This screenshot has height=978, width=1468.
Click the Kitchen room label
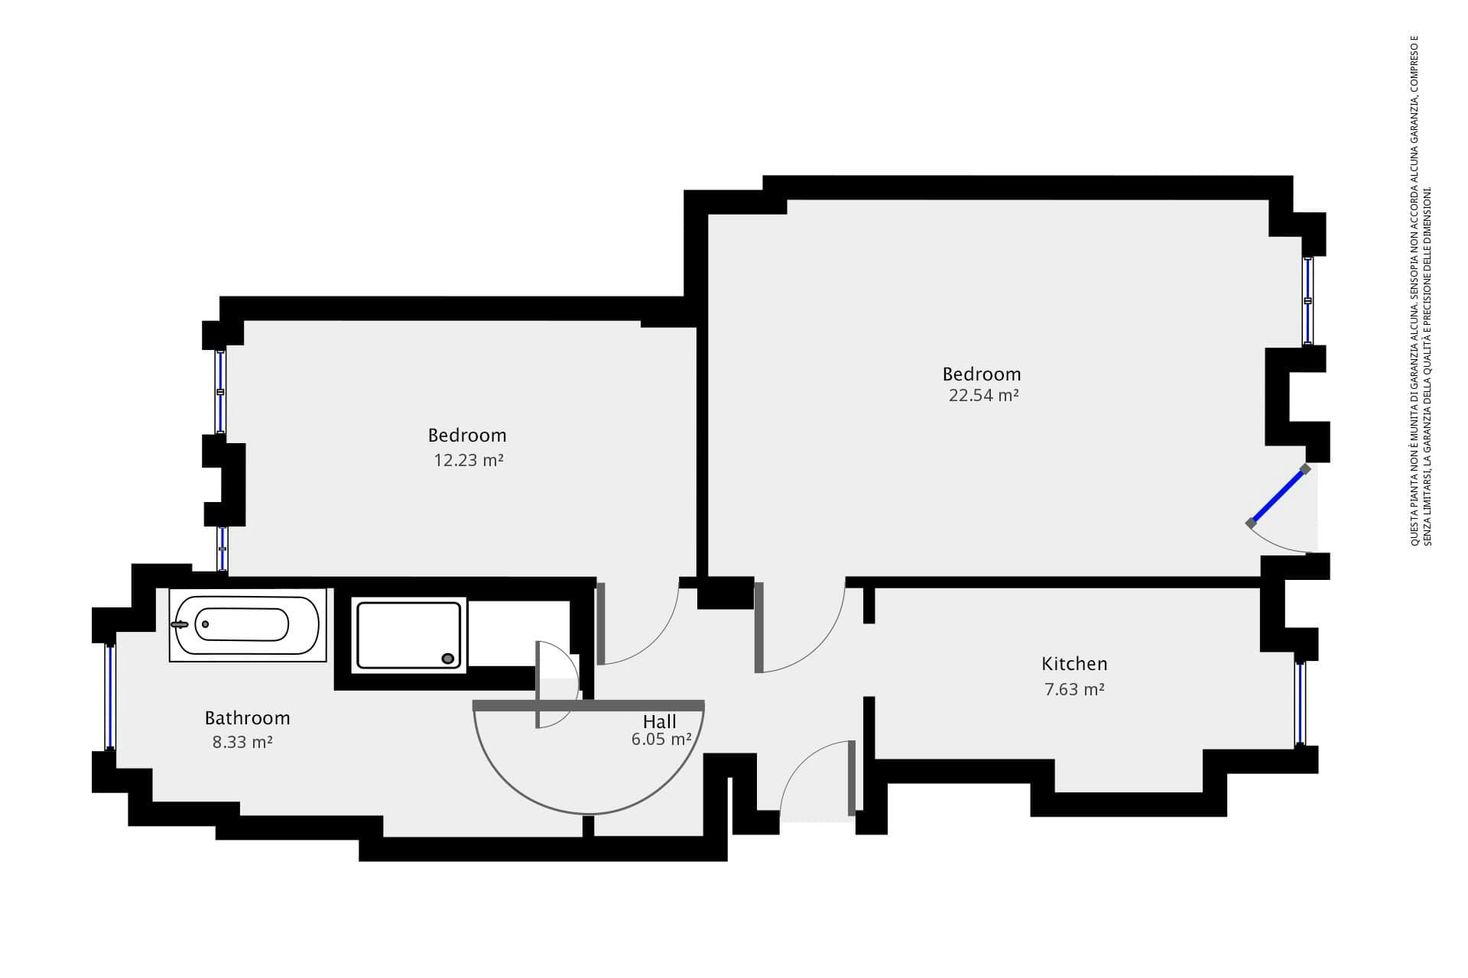[1074, 664]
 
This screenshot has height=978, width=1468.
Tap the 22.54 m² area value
[983, 395]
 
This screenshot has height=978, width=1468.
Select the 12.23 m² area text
[469, 460]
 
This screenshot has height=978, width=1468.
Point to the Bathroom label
[247, 718]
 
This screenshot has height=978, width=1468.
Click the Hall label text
[659, 722]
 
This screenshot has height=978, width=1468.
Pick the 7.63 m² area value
[1074, 689]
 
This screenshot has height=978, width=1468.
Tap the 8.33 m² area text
[242, 742]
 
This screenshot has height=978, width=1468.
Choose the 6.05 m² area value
[661, 739]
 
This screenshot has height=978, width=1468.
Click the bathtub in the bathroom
[248, 625]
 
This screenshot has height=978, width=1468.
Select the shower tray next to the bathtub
[409, 636]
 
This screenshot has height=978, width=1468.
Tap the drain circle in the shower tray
[448, 659]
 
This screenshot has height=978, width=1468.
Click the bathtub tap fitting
[180, 625]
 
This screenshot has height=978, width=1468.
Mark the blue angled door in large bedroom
[1278, 497]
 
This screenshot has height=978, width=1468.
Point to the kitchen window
[1301, 703]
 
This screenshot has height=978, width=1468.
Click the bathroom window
[111, 697]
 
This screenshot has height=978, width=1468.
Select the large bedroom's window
[1308, 300]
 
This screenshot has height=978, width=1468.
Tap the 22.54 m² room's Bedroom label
[982, 374]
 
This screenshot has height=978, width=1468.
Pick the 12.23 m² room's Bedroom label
[467, 435]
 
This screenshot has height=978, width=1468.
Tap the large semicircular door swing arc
[589, 814]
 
